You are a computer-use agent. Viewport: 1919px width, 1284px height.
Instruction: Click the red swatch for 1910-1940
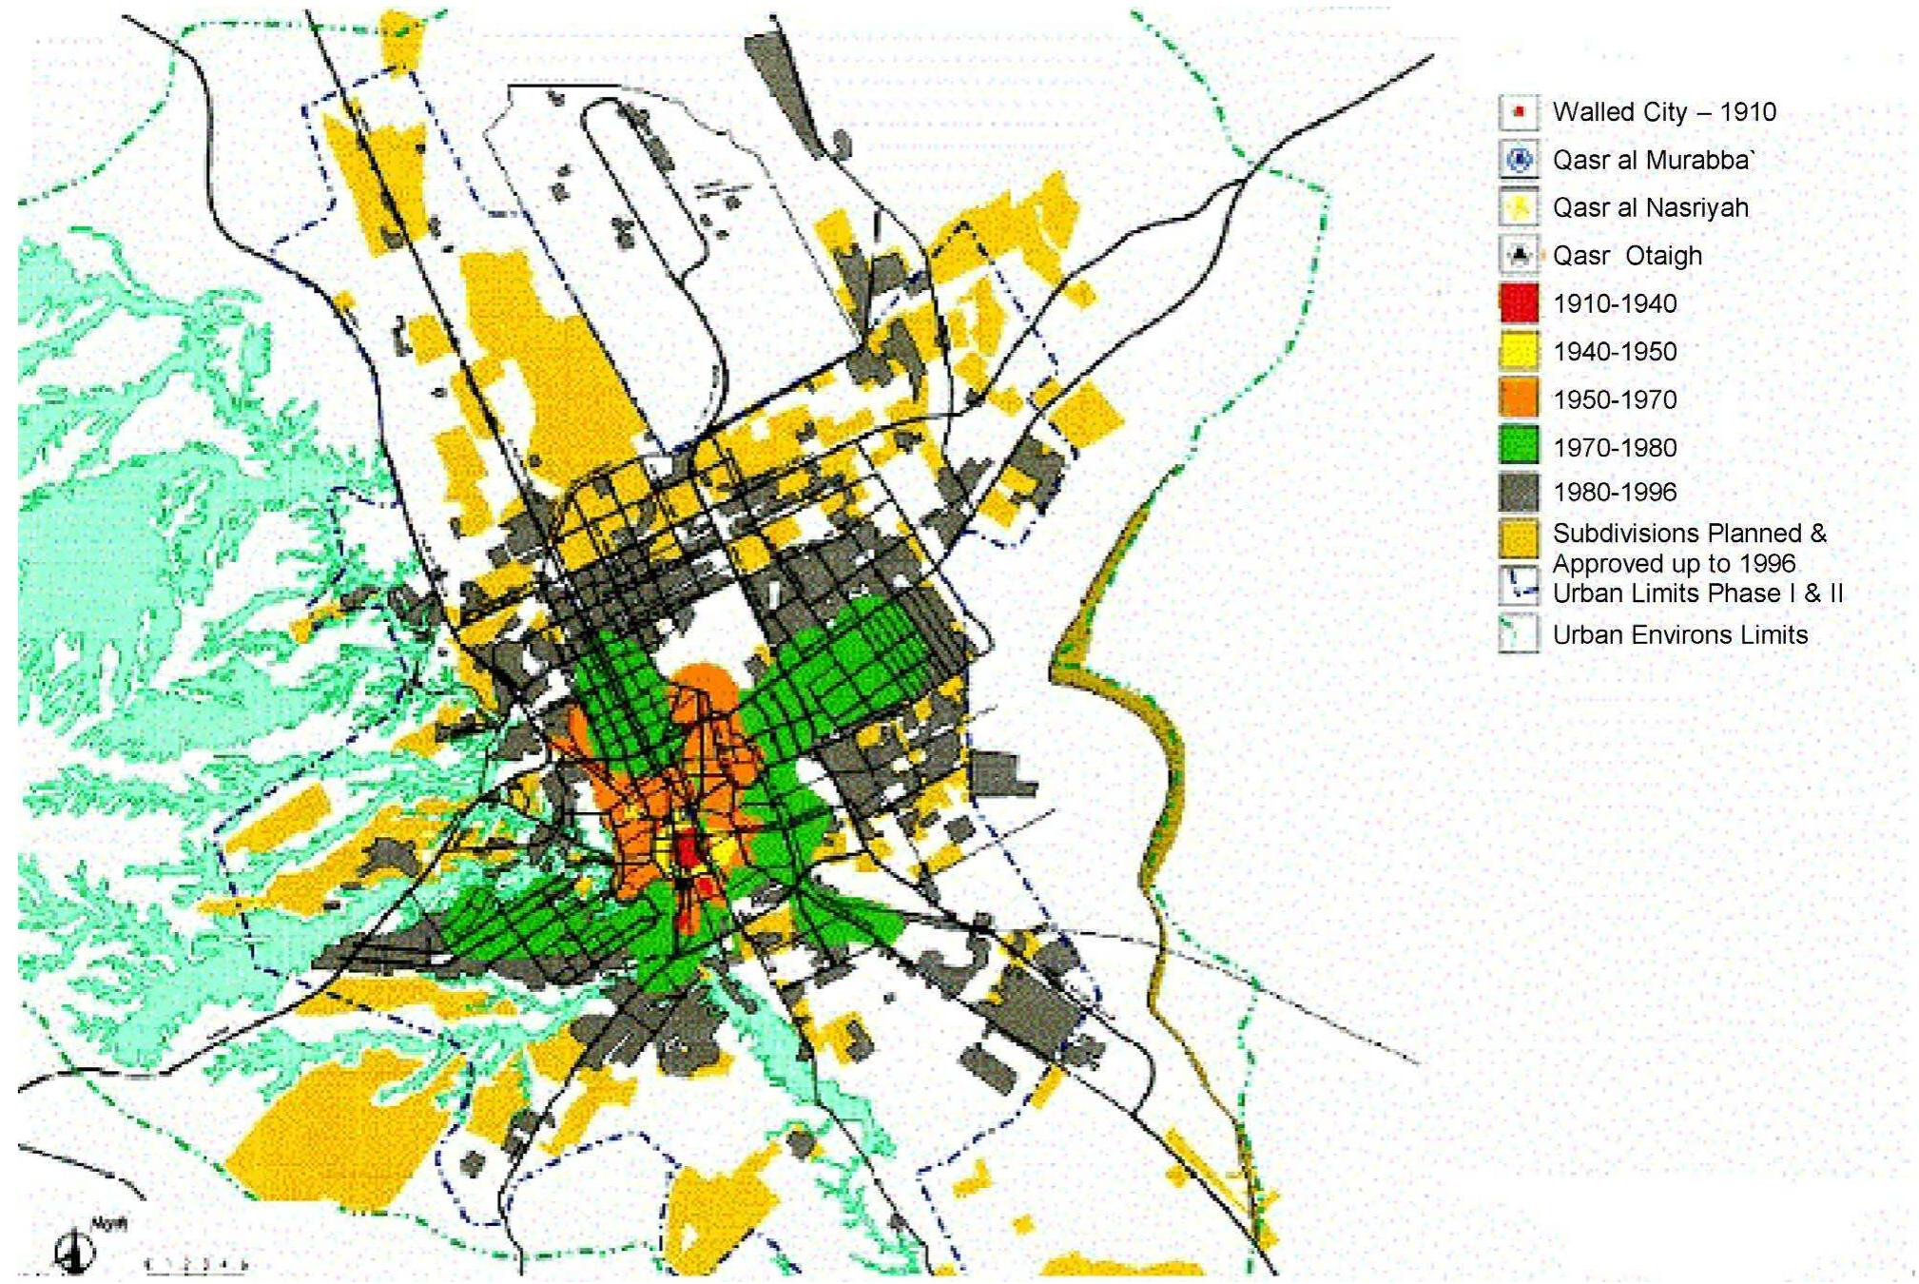[x=1519, y=303]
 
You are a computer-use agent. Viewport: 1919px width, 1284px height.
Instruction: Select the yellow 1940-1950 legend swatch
[x=1519, y=351]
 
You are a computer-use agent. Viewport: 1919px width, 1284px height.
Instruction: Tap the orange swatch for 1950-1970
[x=1519, y=399]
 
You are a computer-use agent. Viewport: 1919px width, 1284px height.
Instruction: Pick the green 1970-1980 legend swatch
[x=1519, y=446]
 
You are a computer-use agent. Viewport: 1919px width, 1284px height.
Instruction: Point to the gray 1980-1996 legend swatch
[x=1519, y=492]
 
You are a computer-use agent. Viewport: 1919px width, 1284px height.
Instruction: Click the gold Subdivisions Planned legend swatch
[x=1519, y=537]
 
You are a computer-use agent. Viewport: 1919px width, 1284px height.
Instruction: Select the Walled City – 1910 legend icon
[x=1519, y=112]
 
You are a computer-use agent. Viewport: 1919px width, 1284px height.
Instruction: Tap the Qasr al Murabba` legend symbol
[x=1519, y=160]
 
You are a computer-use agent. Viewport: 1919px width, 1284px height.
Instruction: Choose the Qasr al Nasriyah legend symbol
[x=1519, y=207]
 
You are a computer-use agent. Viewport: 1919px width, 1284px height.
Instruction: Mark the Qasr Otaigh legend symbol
[x=1519, y=255]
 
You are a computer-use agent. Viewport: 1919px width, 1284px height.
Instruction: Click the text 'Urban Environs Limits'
[x=1679, y=635]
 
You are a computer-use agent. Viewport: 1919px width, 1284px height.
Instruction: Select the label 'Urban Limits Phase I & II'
[x=1697, y=593]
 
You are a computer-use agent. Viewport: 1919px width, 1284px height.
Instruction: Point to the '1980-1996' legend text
[x=1615, y=492]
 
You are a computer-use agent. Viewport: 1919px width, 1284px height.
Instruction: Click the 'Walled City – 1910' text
[x=1664, y=112]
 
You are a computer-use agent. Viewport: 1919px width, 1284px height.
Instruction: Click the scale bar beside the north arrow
[x=195, y=1264]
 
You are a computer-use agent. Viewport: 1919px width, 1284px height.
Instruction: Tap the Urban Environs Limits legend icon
[x=1519, y=634]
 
